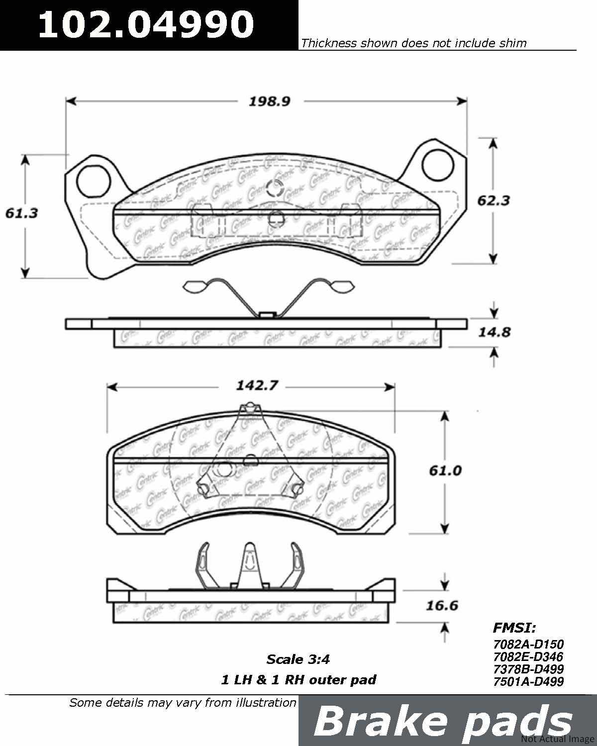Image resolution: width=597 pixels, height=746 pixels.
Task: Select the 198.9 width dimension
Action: click(x=270, y=101)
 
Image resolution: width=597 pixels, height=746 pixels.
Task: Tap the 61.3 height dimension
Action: click(x=21, y=213)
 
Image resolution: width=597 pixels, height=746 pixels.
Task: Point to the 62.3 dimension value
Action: click(x=494, y=200)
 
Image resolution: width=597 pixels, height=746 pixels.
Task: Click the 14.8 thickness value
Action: click(x=495, y=332)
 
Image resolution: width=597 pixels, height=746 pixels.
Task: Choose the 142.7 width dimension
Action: click(x=257, y=385)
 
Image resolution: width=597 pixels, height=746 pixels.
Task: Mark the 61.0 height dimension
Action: click(x=445, y=470)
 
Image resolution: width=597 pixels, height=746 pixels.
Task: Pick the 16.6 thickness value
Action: click(x=442, y=605)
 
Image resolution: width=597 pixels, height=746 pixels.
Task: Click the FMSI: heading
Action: click(x=514, y=628)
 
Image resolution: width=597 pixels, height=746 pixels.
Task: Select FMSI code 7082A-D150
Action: click(x=528, y=644)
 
